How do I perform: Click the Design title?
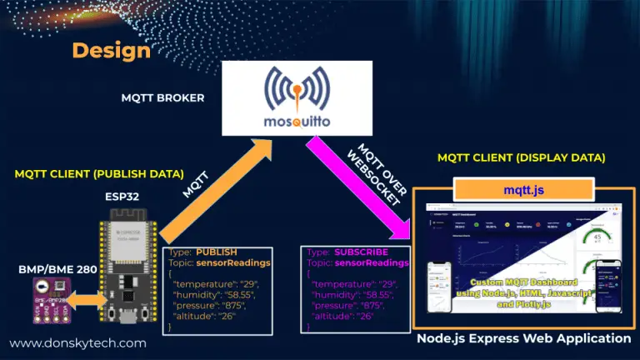[111, 50]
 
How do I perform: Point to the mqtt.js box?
[524, 190]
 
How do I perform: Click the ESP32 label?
[123, 197]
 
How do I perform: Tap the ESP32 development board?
[127, 267]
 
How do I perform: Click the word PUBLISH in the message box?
[217, 251]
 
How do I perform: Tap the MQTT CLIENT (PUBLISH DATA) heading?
[99, 174]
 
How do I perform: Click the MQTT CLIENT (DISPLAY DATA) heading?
[522, 157]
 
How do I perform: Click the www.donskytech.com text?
[77, 342]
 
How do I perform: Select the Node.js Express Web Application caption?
[523, 338]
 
